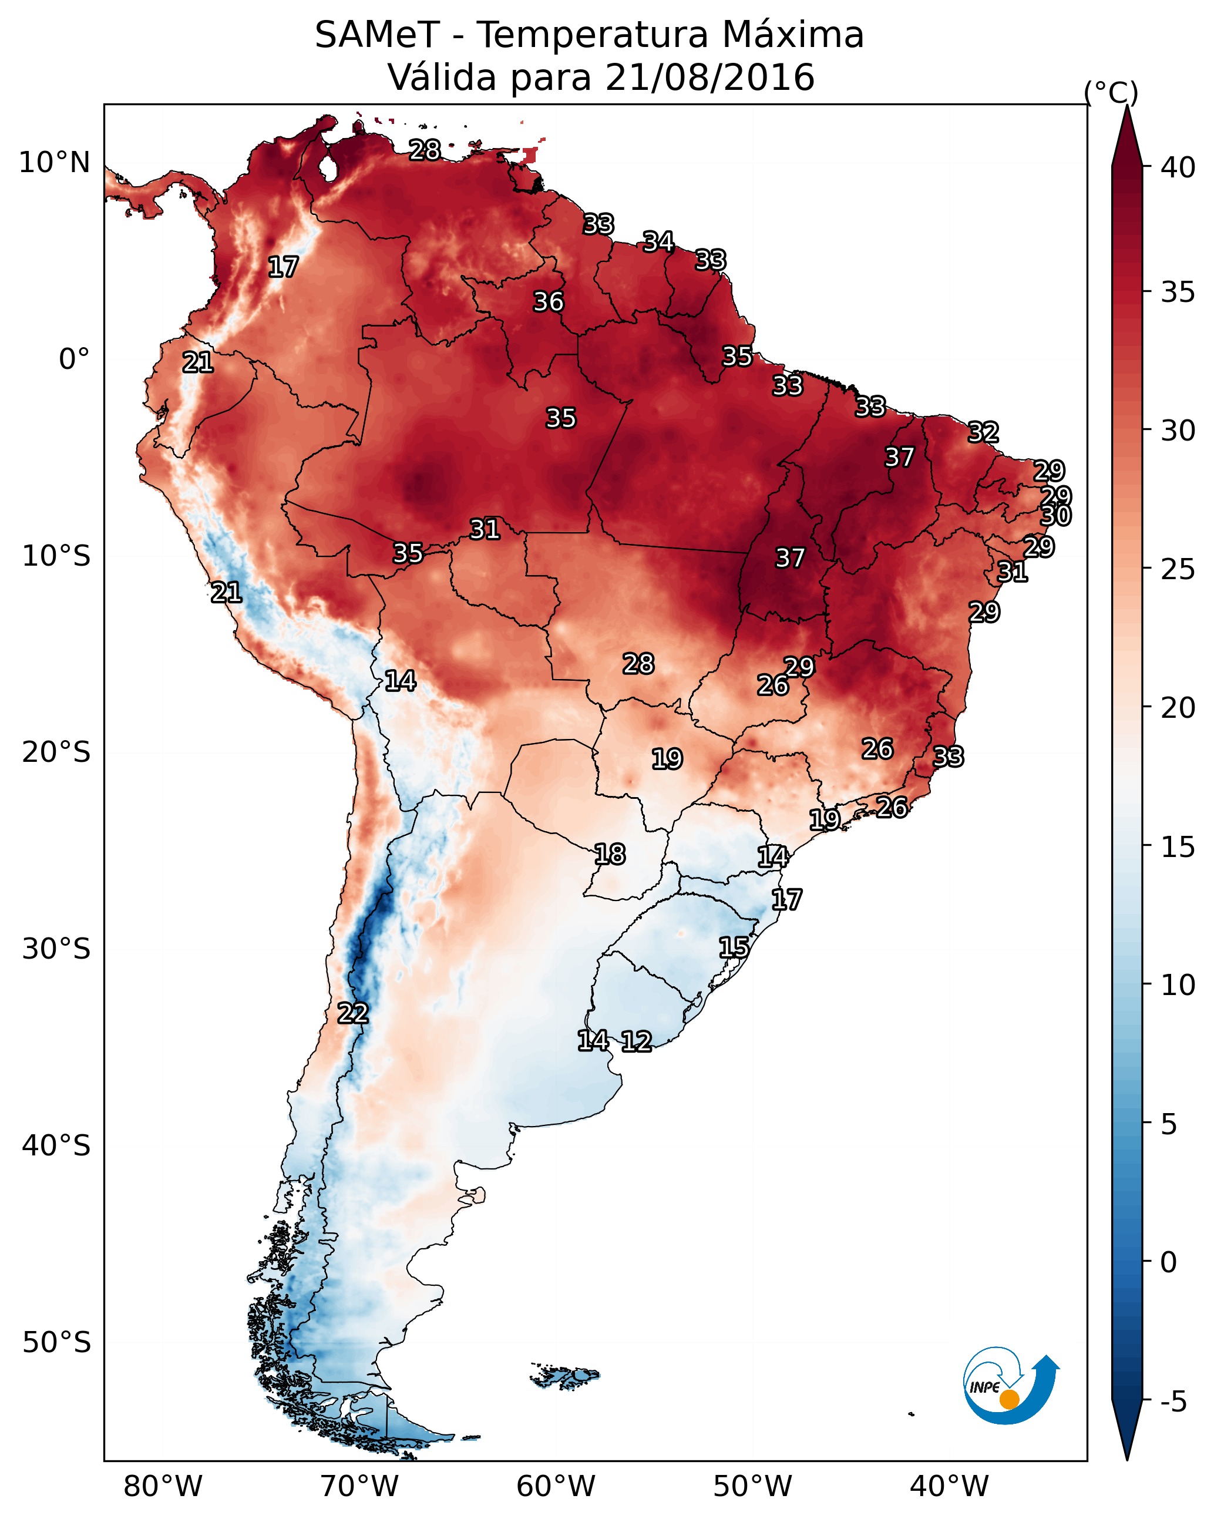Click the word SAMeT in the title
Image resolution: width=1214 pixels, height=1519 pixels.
coord(377,35)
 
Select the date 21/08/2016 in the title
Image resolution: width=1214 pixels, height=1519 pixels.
coord(709,78)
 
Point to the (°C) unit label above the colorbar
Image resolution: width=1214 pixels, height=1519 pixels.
coord(1111,92)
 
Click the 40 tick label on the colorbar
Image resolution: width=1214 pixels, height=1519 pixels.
coord(1178,167)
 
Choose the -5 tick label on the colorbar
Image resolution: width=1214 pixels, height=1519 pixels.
coord(1173,1402)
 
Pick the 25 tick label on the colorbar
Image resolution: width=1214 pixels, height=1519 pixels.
coord(1178,569)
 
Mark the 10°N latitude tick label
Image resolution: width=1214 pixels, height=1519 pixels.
coord(54,163)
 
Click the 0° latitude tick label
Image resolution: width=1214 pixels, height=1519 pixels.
coord(74,359)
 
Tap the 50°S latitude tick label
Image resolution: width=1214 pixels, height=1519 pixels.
coord(56,1343)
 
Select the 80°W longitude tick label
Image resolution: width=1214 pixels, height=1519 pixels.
coord(163,1487)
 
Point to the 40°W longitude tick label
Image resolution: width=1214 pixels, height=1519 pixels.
coord(949,1487)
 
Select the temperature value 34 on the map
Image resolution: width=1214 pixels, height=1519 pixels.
coord(658,241)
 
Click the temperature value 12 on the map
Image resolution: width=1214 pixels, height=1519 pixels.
coord(636,1041)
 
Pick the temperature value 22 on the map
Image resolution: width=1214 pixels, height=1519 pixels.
coord(353,1013)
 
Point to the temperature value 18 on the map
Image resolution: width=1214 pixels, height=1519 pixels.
coord(610,855)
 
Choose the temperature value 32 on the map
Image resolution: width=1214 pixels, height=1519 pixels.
coord(983,432)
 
